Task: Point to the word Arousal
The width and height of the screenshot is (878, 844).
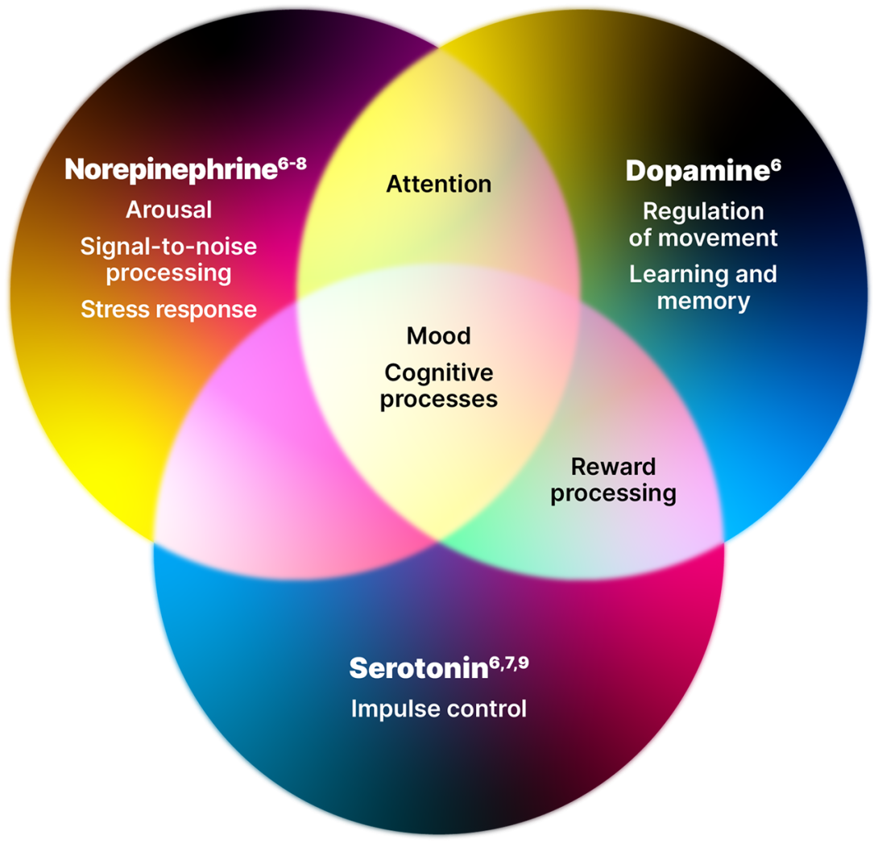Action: coord(169,210)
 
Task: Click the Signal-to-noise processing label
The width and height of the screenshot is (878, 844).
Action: coord(168,259)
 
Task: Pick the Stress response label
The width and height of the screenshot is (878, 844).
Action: coord(168,309)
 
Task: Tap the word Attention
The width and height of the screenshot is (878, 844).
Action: coord(438,184)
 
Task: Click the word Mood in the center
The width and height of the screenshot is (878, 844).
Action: coord(438,335)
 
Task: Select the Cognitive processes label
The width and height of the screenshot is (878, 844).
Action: coord(438,385)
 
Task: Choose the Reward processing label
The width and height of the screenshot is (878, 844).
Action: coord(613,479)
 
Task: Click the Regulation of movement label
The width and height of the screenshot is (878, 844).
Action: coord(703,224)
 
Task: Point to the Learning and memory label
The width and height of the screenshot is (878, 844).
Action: coord(703,287)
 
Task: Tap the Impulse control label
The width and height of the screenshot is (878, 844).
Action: coord(438,709)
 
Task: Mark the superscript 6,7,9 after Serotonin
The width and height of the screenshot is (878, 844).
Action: coord(508,663)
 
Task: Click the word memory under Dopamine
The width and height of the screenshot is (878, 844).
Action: coord(703,301)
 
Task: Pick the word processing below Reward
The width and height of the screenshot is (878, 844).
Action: coord(613,493)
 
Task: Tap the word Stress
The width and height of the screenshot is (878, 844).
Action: coord(112,309)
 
